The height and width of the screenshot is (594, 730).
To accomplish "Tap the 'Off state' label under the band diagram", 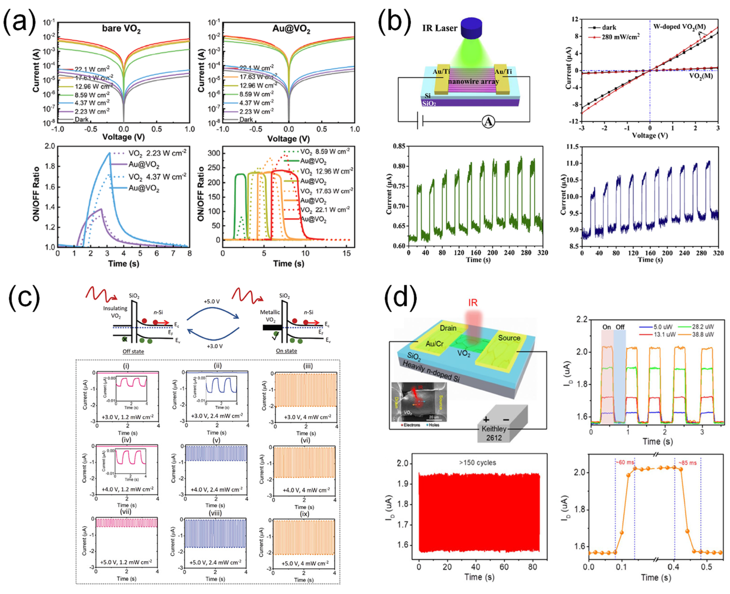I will pos(133,351).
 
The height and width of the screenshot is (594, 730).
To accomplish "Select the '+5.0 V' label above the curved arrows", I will pos(212,301).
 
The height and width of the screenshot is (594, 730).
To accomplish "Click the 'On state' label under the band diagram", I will pos(286,351).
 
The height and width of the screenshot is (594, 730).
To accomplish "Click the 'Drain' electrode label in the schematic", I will pos(448,328).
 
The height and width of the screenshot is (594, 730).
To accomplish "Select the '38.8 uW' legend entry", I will pos(703,334).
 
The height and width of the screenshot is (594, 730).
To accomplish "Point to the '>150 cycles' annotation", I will pos(478,463).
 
